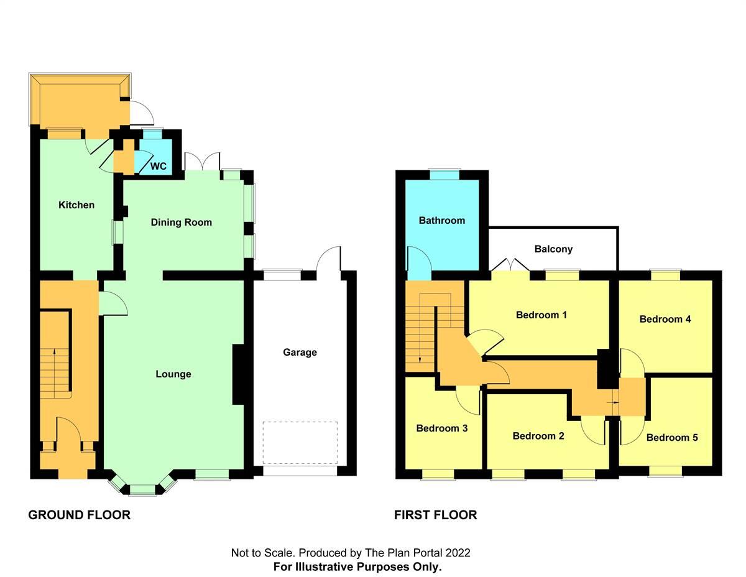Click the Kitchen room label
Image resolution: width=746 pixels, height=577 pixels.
pyautogui.click(x=76, y=205)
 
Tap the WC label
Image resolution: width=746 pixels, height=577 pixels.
pyautogui.click(x=159, y=167)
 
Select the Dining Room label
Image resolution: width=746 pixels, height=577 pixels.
pyautogui.click(x=182, y=222)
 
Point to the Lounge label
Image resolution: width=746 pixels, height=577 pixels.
pyautogui.click(x=173, y=374)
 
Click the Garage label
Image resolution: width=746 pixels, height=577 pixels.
pyautogui.click(x=300, y=352)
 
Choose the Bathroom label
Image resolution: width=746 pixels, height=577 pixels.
pyautogui.click(x=441, y=220)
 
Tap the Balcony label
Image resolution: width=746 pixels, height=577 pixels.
pyautogui.click(x=553, y=249)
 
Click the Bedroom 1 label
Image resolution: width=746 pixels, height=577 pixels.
pyautogui.click(x=541, y=315)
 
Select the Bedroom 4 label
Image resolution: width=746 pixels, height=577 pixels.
pyautogui.click(x=665, y=319)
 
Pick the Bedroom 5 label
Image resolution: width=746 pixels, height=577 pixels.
pyautogui.click(x=672, y=437)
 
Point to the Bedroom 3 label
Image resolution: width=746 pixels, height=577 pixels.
pyautogui.click(x=442, y=428)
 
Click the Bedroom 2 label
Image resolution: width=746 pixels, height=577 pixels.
pyautogui.click(x=538, y=436)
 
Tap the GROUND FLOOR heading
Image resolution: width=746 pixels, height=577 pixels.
pyautogui.click(x=80, y=515)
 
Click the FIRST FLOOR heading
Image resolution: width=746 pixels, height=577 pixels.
pyautogui.click(x=435, y=515)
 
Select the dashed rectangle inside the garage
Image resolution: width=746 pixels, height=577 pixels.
pyautogui.click(x=300, y=443)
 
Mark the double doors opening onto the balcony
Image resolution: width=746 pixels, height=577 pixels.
pyautogui.click(x=510, y=265)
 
